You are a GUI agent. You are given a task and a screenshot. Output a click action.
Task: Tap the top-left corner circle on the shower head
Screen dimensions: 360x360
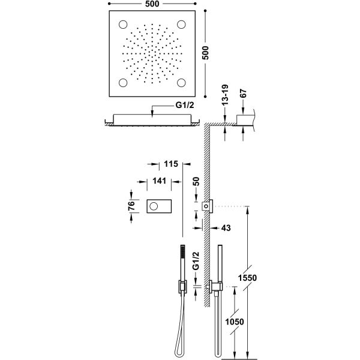pyautogui.click(x=123, y=25)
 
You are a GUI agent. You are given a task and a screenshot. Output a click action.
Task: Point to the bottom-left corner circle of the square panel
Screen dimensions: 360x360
pyautogui.click(x=123, y=83)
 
